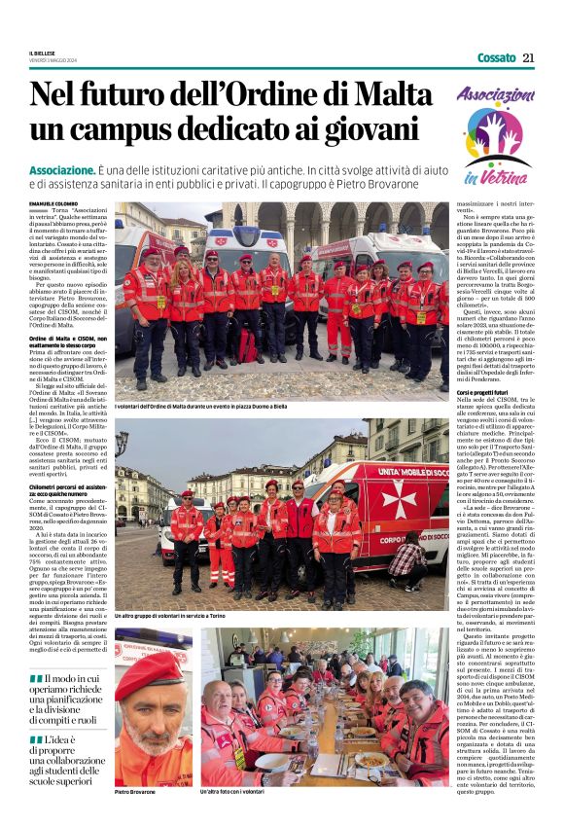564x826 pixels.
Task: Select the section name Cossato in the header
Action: click(497, 57)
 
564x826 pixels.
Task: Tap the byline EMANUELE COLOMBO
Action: click(53, 201)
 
